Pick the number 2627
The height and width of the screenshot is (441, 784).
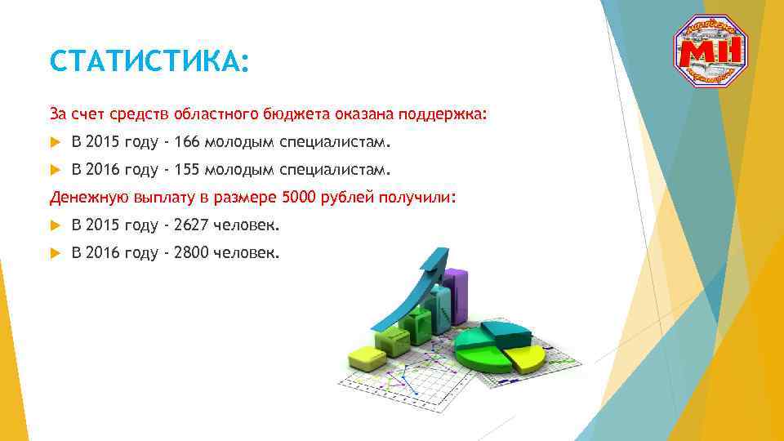pos(191,225)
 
